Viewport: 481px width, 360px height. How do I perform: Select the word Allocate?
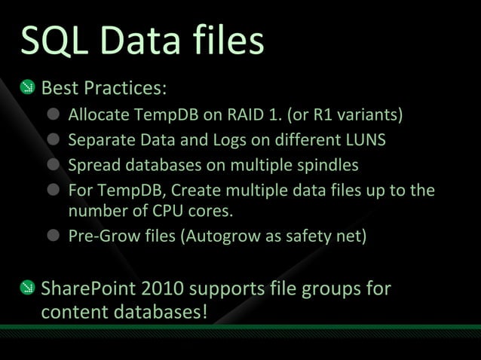99,116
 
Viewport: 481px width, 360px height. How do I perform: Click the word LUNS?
365,140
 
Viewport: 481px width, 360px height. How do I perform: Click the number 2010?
158,288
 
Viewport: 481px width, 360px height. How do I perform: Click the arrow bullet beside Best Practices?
26,88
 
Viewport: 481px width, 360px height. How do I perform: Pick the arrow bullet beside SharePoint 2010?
26,288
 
